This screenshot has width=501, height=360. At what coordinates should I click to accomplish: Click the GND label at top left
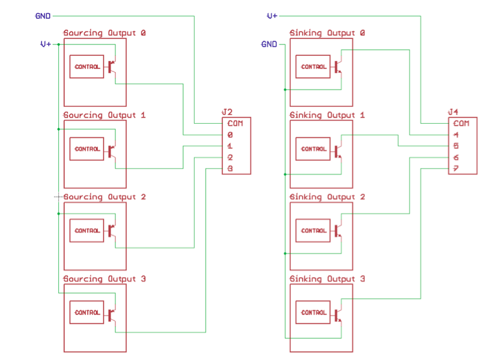pos(43,16)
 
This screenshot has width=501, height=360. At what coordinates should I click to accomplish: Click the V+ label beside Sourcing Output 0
pos(46,44)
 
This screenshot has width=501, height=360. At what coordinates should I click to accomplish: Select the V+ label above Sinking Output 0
pos(272,16)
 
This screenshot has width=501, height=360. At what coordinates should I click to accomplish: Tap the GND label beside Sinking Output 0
pos(269,44)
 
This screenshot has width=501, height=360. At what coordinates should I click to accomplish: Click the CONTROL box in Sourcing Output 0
pos(87,67)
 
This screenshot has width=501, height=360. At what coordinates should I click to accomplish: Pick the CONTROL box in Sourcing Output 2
pos(87,231)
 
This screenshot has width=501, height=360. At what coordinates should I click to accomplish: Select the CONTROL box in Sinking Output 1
pos(313,149)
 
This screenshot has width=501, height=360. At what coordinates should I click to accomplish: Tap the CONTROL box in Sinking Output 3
pos(313,312)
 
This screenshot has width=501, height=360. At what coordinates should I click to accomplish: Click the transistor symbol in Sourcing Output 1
pos(112,150)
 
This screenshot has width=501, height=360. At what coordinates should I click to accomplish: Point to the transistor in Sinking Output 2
pos(338,231)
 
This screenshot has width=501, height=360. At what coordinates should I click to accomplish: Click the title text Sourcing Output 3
pos(104,279)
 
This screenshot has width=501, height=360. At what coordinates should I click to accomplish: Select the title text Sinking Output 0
pos(327,33)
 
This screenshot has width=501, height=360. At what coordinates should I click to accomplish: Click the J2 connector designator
pos(227,112)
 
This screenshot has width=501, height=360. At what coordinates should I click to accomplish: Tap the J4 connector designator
pos(453,112)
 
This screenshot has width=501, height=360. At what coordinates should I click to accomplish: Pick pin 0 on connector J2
pos(230,135)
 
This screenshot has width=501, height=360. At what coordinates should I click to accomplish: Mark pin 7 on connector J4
pos(456,169)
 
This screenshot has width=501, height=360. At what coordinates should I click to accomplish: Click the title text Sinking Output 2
pos(327,197)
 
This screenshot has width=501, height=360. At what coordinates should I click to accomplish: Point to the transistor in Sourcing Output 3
pos(112,314)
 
